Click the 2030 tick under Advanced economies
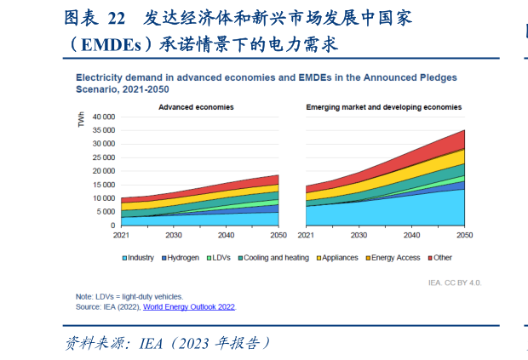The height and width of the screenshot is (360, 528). tap(173, 234)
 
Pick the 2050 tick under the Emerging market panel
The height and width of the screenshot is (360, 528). tap(464, 234)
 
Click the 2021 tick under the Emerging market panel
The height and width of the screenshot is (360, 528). tap(305, 234)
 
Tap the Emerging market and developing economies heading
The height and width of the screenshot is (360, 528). tap(385, 108)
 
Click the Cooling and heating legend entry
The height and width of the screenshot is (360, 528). tap(275, 257)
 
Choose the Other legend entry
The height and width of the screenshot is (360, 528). tap(442, 257)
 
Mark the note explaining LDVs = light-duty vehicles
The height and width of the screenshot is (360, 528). tap(129, 296)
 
